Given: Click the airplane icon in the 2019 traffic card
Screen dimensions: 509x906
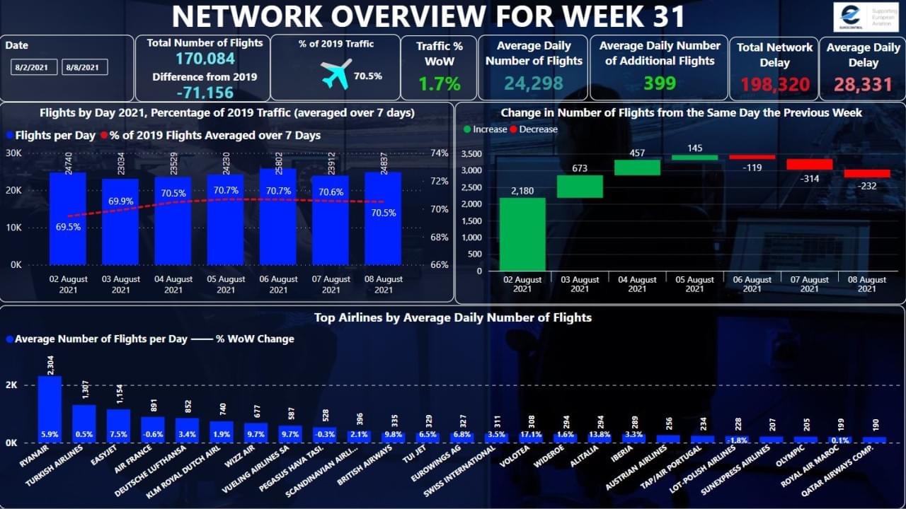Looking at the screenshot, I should pos(336,74).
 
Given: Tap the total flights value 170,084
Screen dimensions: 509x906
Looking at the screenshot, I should pos(205,59).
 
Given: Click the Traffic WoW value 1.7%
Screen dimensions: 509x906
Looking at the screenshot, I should pos(439,84).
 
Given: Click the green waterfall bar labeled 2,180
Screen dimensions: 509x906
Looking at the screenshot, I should pos(522,234).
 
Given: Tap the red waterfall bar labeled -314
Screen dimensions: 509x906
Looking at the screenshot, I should pos(809,164).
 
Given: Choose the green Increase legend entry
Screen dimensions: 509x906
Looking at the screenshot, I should pos(486,129).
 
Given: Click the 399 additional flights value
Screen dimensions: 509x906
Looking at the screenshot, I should pos(659,83).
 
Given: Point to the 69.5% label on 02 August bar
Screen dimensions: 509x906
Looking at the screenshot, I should pos(68,228).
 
